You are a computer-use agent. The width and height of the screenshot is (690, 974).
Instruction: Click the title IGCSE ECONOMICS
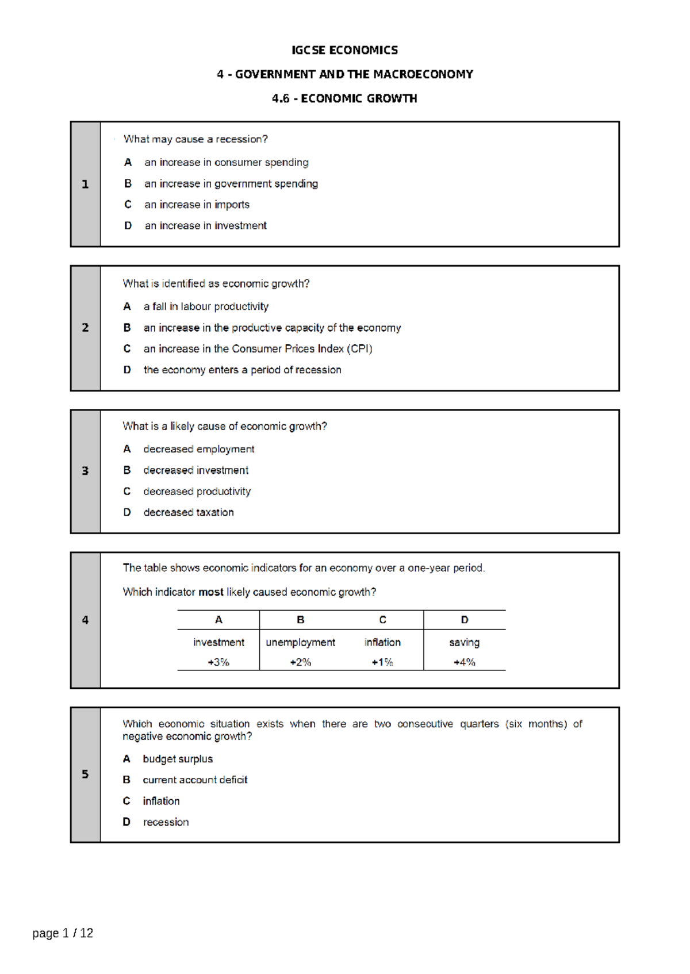click(344, 50)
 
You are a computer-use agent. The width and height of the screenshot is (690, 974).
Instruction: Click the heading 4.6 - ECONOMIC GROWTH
click(344, 98)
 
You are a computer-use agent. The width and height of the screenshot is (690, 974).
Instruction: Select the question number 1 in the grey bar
click(85, 184)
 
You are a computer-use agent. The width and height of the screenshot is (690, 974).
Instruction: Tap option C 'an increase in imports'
click(197, 205)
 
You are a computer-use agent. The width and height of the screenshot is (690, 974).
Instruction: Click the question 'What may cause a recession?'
click(195, 139)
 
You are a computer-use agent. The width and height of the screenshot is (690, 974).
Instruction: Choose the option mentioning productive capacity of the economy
click(272, 328)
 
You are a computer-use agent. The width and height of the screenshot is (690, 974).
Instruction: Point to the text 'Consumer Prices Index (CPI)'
click(302, 349)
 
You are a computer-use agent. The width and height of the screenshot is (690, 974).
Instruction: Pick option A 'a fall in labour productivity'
click(206, 306)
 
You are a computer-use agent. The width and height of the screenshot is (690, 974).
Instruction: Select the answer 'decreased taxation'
click(189, 512)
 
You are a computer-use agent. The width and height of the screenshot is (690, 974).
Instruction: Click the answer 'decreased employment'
click(198, 449)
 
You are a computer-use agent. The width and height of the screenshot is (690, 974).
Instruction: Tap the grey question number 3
click(85, 471)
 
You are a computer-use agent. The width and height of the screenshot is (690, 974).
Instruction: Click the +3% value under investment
click(218, 662)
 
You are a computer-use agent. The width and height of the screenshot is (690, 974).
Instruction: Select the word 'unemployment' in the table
click(300, 642)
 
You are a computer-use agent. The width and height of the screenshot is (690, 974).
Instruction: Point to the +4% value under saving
click(464, 662)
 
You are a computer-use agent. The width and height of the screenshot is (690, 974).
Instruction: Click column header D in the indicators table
click(465, 620)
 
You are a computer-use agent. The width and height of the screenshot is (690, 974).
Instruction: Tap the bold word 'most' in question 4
click(211, 592)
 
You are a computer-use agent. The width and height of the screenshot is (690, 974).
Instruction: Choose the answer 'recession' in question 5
click(166, 822)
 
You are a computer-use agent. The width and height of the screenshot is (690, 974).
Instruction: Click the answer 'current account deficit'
click(195, 780)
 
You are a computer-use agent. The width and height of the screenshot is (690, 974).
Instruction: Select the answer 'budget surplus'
click(178, 759)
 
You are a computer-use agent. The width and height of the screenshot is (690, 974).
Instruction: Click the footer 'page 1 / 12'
click(63, 933)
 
